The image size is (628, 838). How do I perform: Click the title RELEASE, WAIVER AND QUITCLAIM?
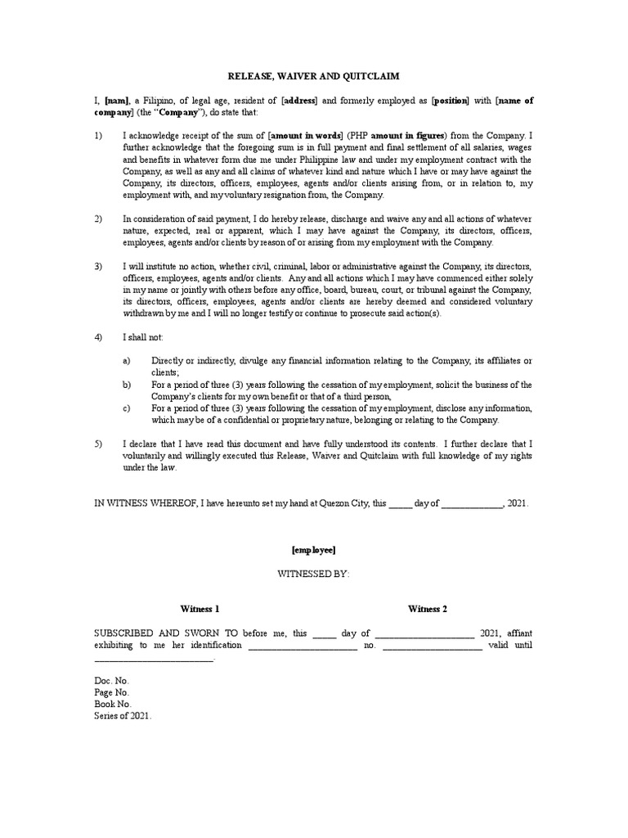313,77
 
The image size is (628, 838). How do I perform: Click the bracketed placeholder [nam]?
117,101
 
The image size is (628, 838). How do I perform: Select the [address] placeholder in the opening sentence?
300,101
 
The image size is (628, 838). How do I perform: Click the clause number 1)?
100,136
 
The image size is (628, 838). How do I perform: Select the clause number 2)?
100,219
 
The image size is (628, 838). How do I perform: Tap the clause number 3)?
100,268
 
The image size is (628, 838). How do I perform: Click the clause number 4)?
100,337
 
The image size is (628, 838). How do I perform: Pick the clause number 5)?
100,444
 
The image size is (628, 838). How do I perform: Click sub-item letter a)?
128,361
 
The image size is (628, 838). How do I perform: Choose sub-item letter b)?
128,385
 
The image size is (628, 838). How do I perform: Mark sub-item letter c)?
128,408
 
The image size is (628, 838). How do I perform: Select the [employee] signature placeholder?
313,552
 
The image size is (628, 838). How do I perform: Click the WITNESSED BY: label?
314,575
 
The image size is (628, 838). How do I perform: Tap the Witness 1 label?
200,610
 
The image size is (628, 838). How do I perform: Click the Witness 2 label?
428,610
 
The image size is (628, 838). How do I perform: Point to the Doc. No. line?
112,681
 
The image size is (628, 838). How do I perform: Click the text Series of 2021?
123,715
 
